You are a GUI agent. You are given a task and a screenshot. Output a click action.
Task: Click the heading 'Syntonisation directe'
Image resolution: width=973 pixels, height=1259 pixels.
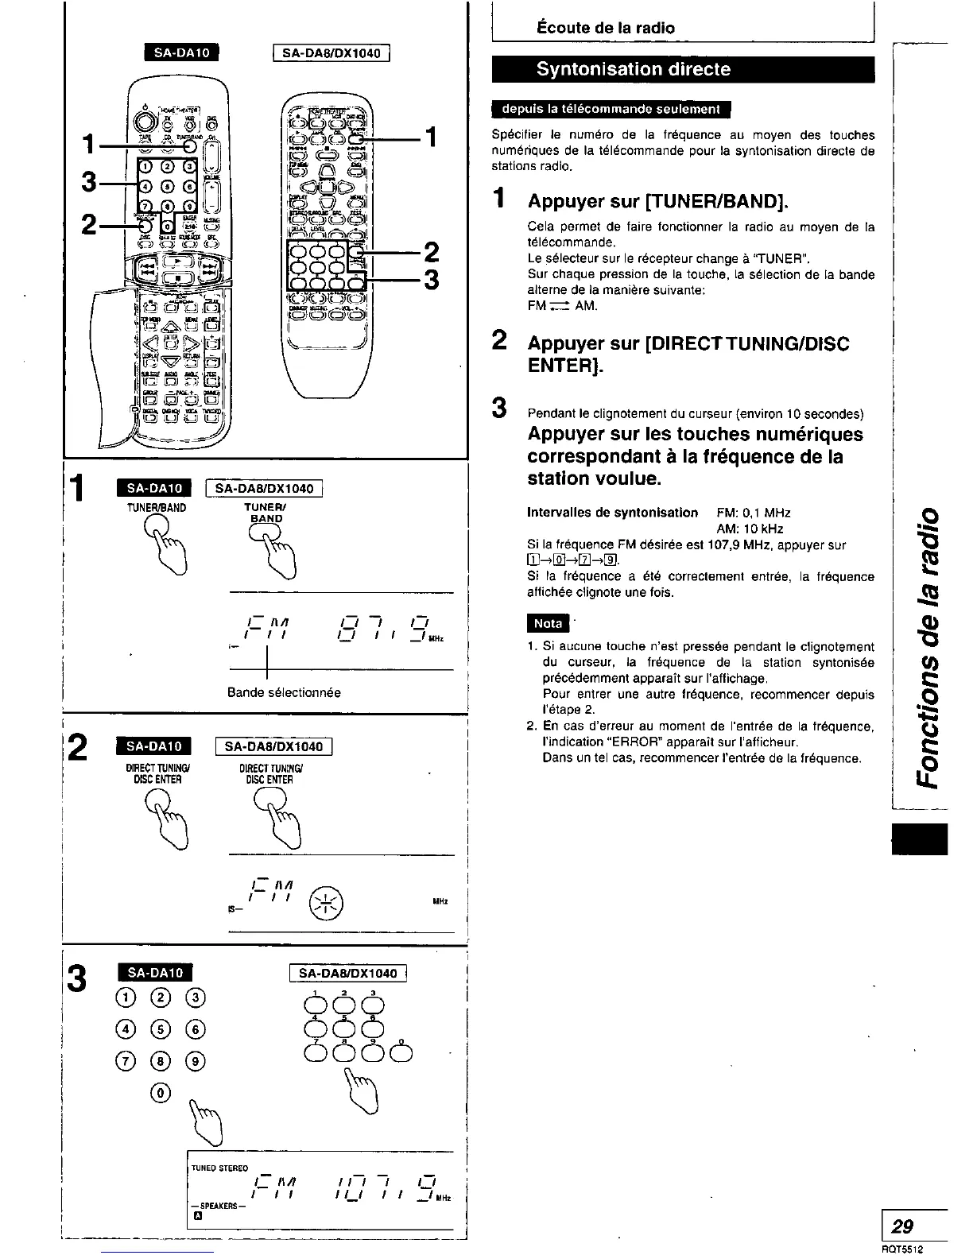[x=633, y=69]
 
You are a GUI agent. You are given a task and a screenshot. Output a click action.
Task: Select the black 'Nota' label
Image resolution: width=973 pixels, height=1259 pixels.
[x=547, y=624]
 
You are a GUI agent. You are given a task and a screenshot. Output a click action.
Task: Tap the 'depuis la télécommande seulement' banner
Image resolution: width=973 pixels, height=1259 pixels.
[x=611, y=109]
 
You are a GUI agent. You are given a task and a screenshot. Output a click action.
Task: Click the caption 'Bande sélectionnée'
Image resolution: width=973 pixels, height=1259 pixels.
[x=284, y=692]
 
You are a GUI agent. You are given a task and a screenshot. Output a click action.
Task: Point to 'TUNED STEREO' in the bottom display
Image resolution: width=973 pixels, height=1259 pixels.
[x=220, y=1168]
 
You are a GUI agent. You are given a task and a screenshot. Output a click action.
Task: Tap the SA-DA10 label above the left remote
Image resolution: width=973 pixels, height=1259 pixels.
[x=180, y=53]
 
